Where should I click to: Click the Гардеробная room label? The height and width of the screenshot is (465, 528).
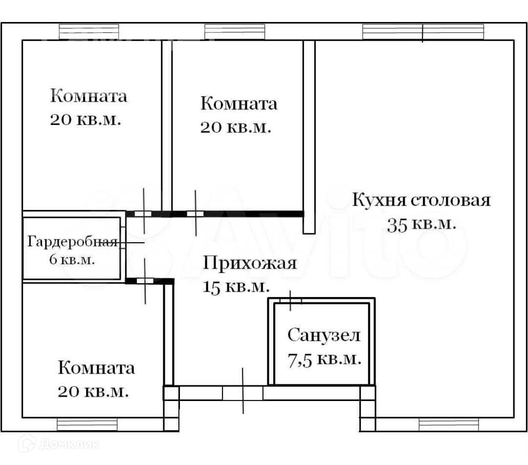pyautogui.click(x=72, y=242)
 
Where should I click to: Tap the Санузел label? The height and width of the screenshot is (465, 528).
pyautogui.click(x=324, y=336)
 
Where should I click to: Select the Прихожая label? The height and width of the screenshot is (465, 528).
pyautogui.click(x=250, y=263)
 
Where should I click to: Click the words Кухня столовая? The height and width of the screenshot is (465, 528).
pyautogui.click(x=421, y=200)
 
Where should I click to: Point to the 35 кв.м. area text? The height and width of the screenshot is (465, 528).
pyautogui.click(x=421, y=224)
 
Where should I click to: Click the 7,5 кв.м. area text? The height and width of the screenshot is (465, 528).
pyautogui.click(x=324, y=360)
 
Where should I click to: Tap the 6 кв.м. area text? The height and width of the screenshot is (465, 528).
pyautogui.click(x=72, y=259)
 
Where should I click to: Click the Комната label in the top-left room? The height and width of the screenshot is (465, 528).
pyautogui.click(x=88, y=96)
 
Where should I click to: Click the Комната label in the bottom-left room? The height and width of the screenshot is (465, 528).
pyautogui.click(x=96, y=367)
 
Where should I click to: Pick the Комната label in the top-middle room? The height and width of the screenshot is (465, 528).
pyautogui.click(x=239, y=104)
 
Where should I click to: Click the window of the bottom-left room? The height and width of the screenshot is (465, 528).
pyautogui.click(x=87, y=424)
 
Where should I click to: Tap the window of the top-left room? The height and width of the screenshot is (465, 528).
pyautogui.click(x=88, y=32)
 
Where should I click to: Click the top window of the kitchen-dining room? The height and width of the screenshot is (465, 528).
pyautogui.click(x=423, y=32)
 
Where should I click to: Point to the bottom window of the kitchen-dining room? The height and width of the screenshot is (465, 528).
pyautogui.click(x=448, y=424)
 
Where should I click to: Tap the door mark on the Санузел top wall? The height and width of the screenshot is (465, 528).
pyautogui.click(x=290, y=300)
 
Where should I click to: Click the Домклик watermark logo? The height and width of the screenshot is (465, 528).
pyautogui.click(x=59, y=444)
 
